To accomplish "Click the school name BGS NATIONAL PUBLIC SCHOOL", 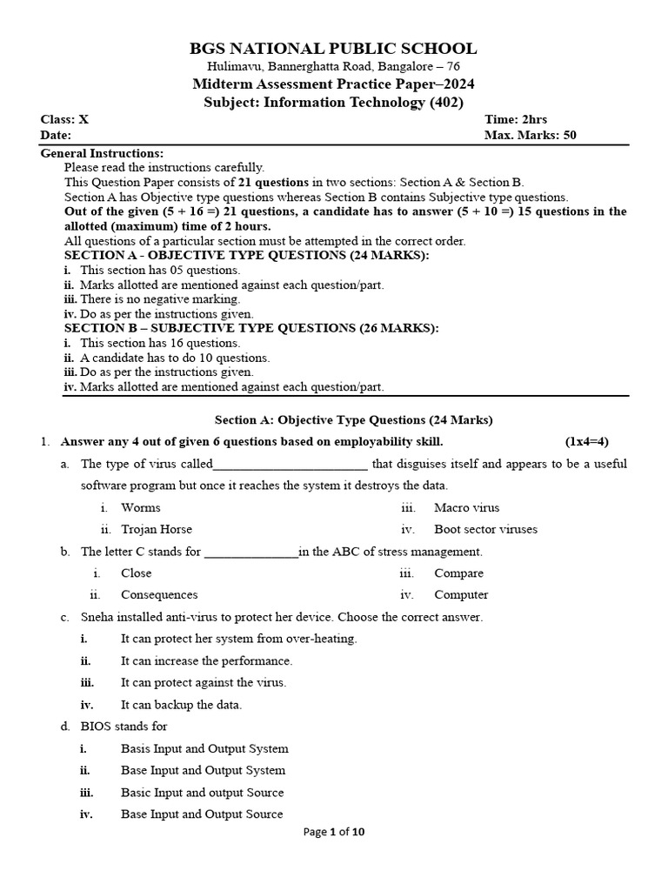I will coord(334,49).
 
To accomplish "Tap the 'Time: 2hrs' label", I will coord(516,119).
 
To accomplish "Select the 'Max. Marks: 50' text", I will coord(530,135).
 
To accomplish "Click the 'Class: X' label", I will coord(64,119).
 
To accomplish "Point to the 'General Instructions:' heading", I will coord(102,153).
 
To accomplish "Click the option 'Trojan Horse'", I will coord(157,529).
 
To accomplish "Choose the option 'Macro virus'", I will coord(466,507).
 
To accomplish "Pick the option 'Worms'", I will coord(141,507).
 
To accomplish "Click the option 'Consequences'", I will coord(159,595).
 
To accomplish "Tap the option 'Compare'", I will coord(458,573).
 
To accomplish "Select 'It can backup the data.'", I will coord(181,705).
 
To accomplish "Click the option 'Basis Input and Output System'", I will coord(204,748).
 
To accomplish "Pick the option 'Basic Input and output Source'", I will coord(202,793).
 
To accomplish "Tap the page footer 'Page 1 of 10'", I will coord(334,832).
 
